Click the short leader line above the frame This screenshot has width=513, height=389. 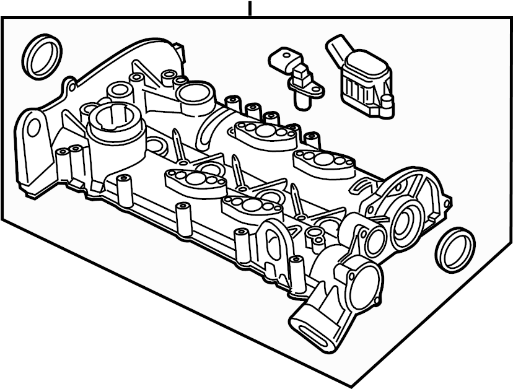click(250, 9)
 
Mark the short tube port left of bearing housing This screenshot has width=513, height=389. click(375, 242)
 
